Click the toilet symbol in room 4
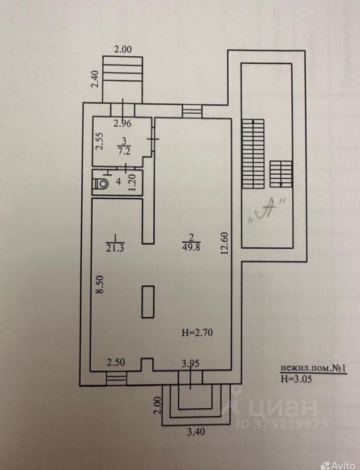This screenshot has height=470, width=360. point(102,184)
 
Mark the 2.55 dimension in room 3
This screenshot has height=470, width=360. point(99,141)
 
